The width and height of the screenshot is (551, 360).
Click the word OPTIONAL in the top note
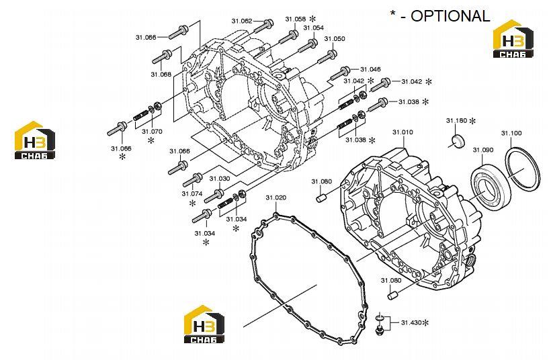[x=450, y=16]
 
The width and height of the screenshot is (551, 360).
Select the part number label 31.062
[x=242, y=21]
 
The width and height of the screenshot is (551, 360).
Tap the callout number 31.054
[x=313, y=28]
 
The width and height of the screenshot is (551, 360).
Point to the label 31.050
[x=335, y=39]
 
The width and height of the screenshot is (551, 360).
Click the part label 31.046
[x=370, y=69]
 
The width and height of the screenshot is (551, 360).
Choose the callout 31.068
[x=161, y=74]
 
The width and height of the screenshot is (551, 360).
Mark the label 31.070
[x=152, y=132]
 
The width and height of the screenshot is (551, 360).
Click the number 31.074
[x=192, y=193]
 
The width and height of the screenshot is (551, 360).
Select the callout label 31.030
[x=220, y=179]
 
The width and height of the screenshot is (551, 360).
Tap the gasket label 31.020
[x=276, y=197]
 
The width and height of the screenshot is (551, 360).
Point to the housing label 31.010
[x=402, y=132]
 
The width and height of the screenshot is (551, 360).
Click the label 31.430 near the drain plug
[x=411, y=322]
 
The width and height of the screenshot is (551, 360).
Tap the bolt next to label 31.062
[x=263, y=26]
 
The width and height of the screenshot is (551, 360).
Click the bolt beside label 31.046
[x=339, y=73]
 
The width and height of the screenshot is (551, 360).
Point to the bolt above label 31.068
[x=162, y=57]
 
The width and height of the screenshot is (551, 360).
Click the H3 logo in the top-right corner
[x=513, y=39]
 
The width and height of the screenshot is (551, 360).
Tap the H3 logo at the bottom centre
[x=204, y=324]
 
